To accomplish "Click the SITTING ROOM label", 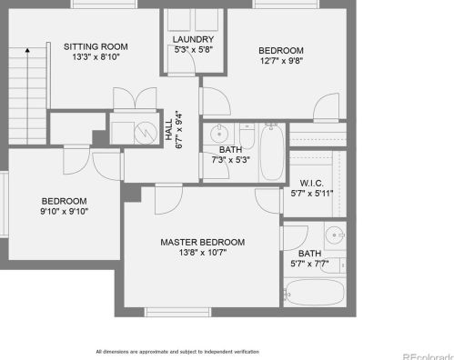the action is tap(96, 46).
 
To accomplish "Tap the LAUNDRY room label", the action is tap(193, 39).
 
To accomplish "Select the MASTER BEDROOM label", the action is tap(203, 242).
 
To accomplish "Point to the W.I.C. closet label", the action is tap(312, 183).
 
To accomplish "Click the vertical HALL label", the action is tap(168, 129).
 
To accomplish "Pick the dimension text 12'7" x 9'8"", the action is tap(281, 61).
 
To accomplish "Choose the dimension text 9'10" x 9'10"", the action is tap(65, 211).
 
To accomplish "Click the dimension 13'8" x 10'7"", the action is tap(203, 252).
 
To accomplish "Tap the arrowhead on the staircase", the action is tap(27, 50).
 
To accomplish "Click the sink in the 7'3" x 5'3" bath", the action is tap(218, 133).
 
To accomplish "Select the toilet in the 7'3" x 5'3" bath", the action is tap(247, 135).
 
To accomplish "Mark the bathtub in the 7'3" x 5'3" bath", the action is tap(272, 152).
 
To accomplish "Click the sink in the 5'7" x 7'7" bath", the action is tap(335, 235).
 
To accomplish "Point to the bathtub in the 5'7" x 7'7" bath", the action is tap(315, 292).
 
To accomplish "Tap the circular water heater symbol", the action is tap(146, 133).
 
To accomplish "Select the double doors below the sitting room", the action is tap(135, 98).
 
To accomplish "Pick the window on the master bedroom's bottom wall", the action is tap(177, 312).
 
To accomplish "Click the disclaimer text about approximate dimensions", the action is tap(177, 352).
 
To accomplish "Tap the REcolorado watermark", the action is tap(429, 356).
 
